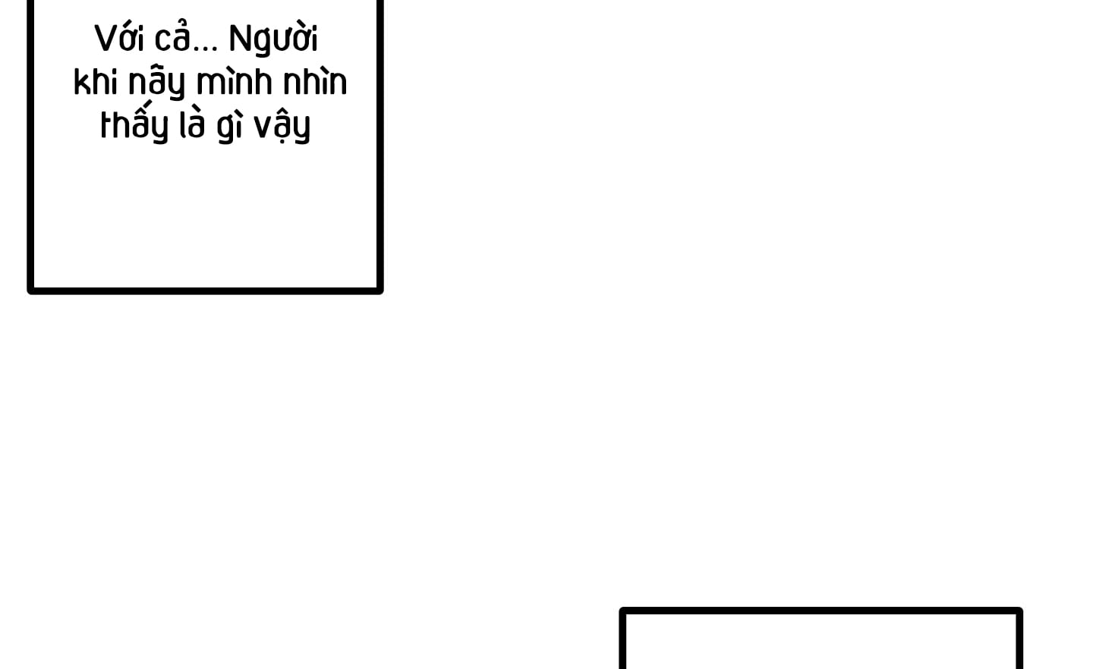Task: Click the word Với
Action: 119,39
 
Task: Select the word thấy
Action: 134,124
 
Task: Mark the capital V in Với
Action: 106,39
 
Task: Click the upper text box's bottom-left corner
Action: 30,290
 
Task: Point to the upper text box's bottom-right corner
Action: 380,290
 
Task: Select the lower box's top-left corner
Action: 622,611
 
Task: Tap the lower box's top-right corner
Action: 1019,611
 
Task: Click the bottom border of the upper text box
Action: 205,290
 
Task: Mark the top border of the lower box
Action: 821,611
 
